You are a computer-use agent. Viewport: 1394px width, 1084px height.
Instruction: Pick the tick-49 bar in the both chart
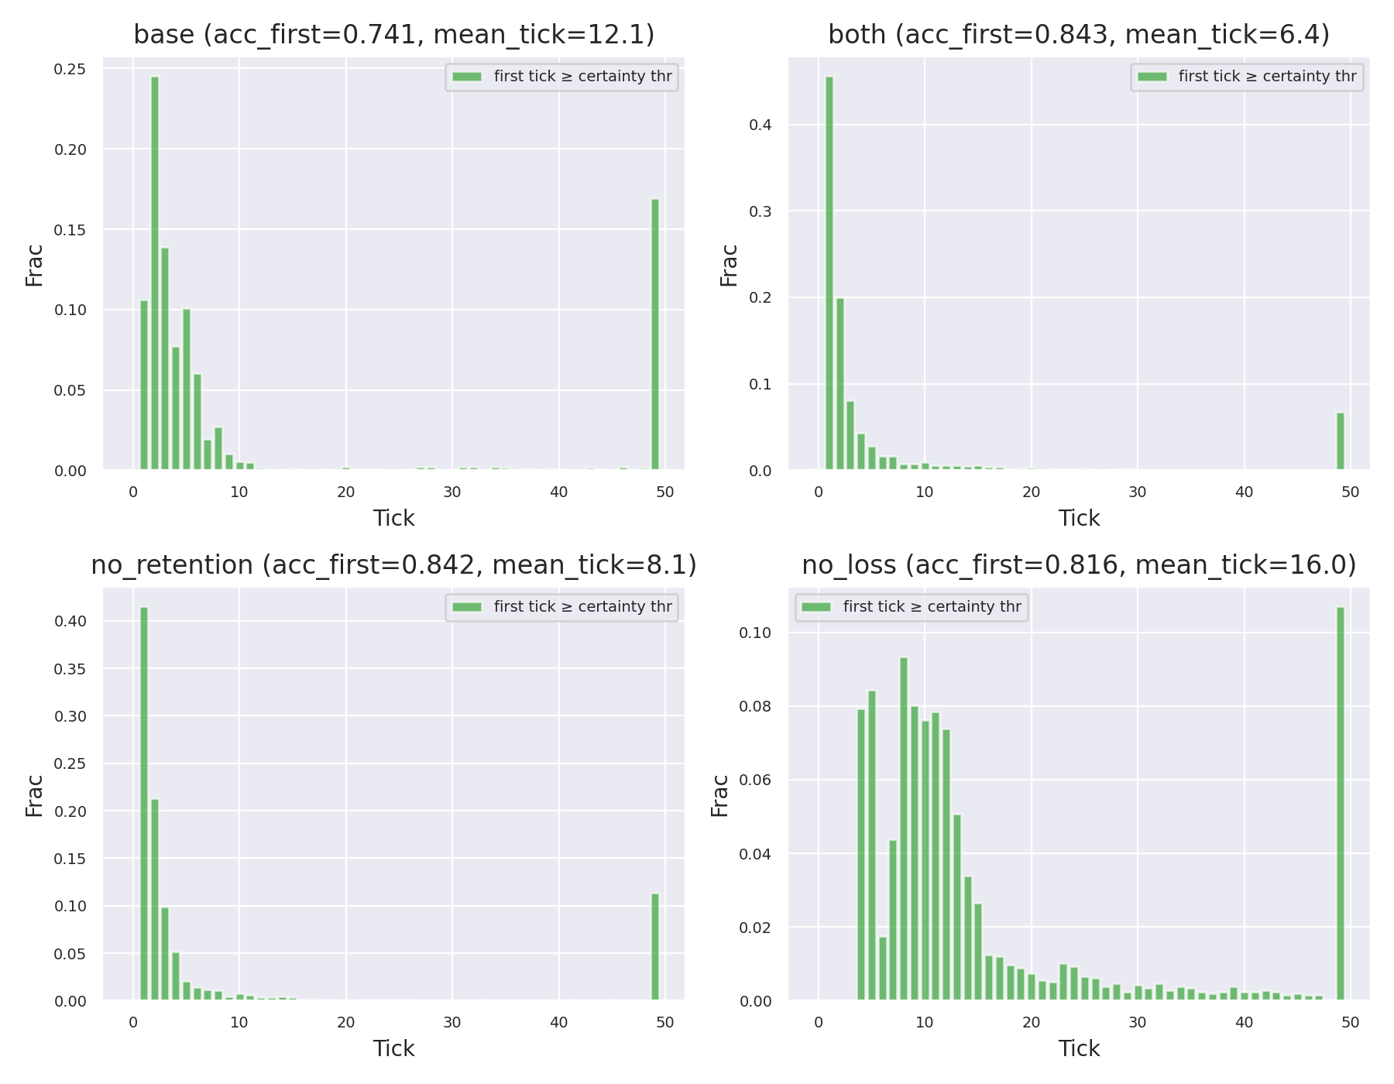[x=1340, y=441]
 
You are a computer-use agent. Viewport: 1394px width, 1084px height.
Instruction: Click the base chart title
[x=393, y=35]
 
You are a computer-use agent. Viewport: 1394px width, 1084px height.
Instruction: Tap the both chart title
[x=1079, y=35]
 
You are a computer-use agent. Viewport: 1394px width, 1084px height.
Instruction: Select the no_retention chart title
[x=393, y=565]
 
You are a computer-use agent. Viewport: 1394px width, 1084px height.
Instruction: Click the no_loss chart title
[x=1079, y=565]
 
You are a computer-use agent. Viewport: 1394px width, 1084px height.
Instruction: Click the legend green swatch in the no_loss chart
[x=815, y=607]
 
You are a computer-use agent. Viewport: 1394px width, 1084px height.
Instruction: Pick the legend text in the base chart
[x=582, y=77]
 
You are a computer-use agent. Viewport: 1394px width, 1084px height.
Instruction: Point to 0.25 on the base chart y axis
[x=69, y=69]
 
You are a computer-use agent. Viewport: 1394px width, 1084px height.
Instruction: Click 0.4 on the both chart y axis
[x=760, y=125]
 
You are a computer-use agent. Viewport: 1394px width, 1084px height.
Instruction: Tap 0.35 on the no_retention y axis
[x=69, y=668]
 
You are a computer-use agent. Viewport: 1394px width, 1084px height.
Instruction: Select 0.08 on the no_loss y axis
[x=755, y=706]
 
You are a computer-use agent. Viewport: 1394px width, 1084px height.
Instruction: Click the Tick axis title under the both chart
[x=1079, y=518]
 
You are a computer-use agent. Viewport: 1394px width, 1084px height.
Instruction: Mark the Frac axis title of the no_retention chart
[x=34, y=795]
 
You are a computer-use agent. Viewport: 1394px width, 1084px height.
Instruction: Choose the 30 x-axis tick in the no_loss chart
[x=1137, y=1022]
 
